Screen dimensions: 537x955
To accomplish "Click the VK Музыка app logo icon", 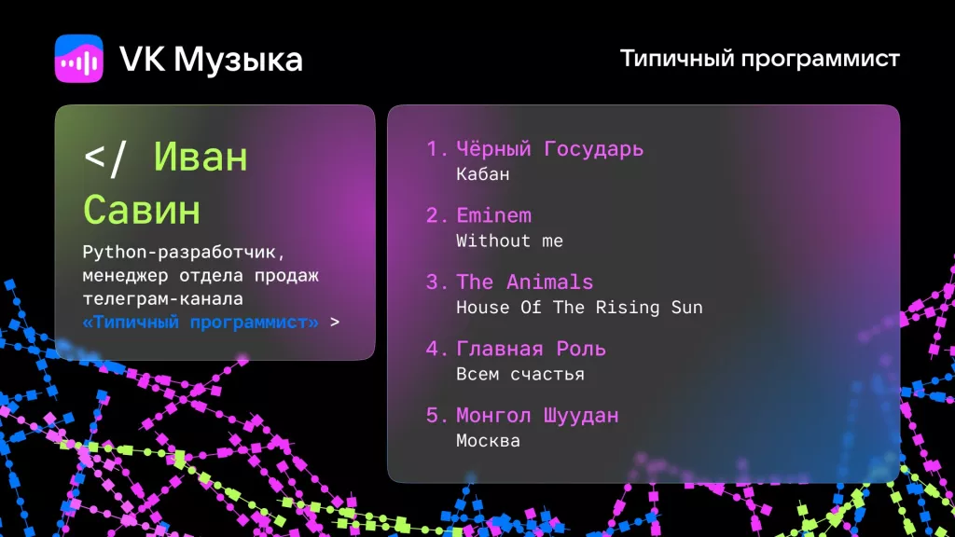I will coord(78,59).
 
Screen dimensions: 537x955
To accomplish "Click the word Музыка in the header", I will coord(238,60).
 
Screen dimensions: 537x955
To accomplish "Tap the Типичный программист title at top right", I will coord(759,59).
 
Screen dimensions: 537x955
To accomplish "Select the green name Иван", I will coord(201,157).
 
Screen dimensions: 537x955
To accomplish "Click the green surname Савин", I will coord(141,210).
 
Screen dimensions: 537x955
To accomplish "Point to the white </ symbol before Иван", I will coord(104,157).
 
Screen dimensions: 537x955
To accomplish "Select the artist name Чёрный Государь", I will coord(549,149).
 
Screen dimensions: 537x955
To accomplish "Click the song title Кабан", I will coord(483,174).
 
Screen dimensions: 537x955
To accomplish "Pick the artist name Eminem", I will coord(493,215).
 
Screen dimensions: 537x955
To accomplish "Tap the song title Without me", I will coord(509,241).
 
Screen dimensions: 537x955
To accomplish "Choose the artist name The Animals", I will coord(524,282).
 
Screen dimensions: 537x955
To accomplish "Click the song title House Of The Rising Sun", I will coord(579,308).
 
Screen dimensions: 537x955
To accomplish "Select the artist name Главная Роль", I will coord(531,349).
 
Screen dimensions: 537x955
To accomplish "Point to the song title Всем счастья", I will coord(519,374).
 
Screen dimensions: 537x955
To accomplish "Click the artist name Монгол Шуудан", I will coord(537,416).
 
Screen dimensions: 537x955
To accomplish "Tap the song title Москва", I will coord(488,441).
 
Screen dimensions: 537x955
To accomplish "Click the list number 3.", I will coord(433,282).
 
